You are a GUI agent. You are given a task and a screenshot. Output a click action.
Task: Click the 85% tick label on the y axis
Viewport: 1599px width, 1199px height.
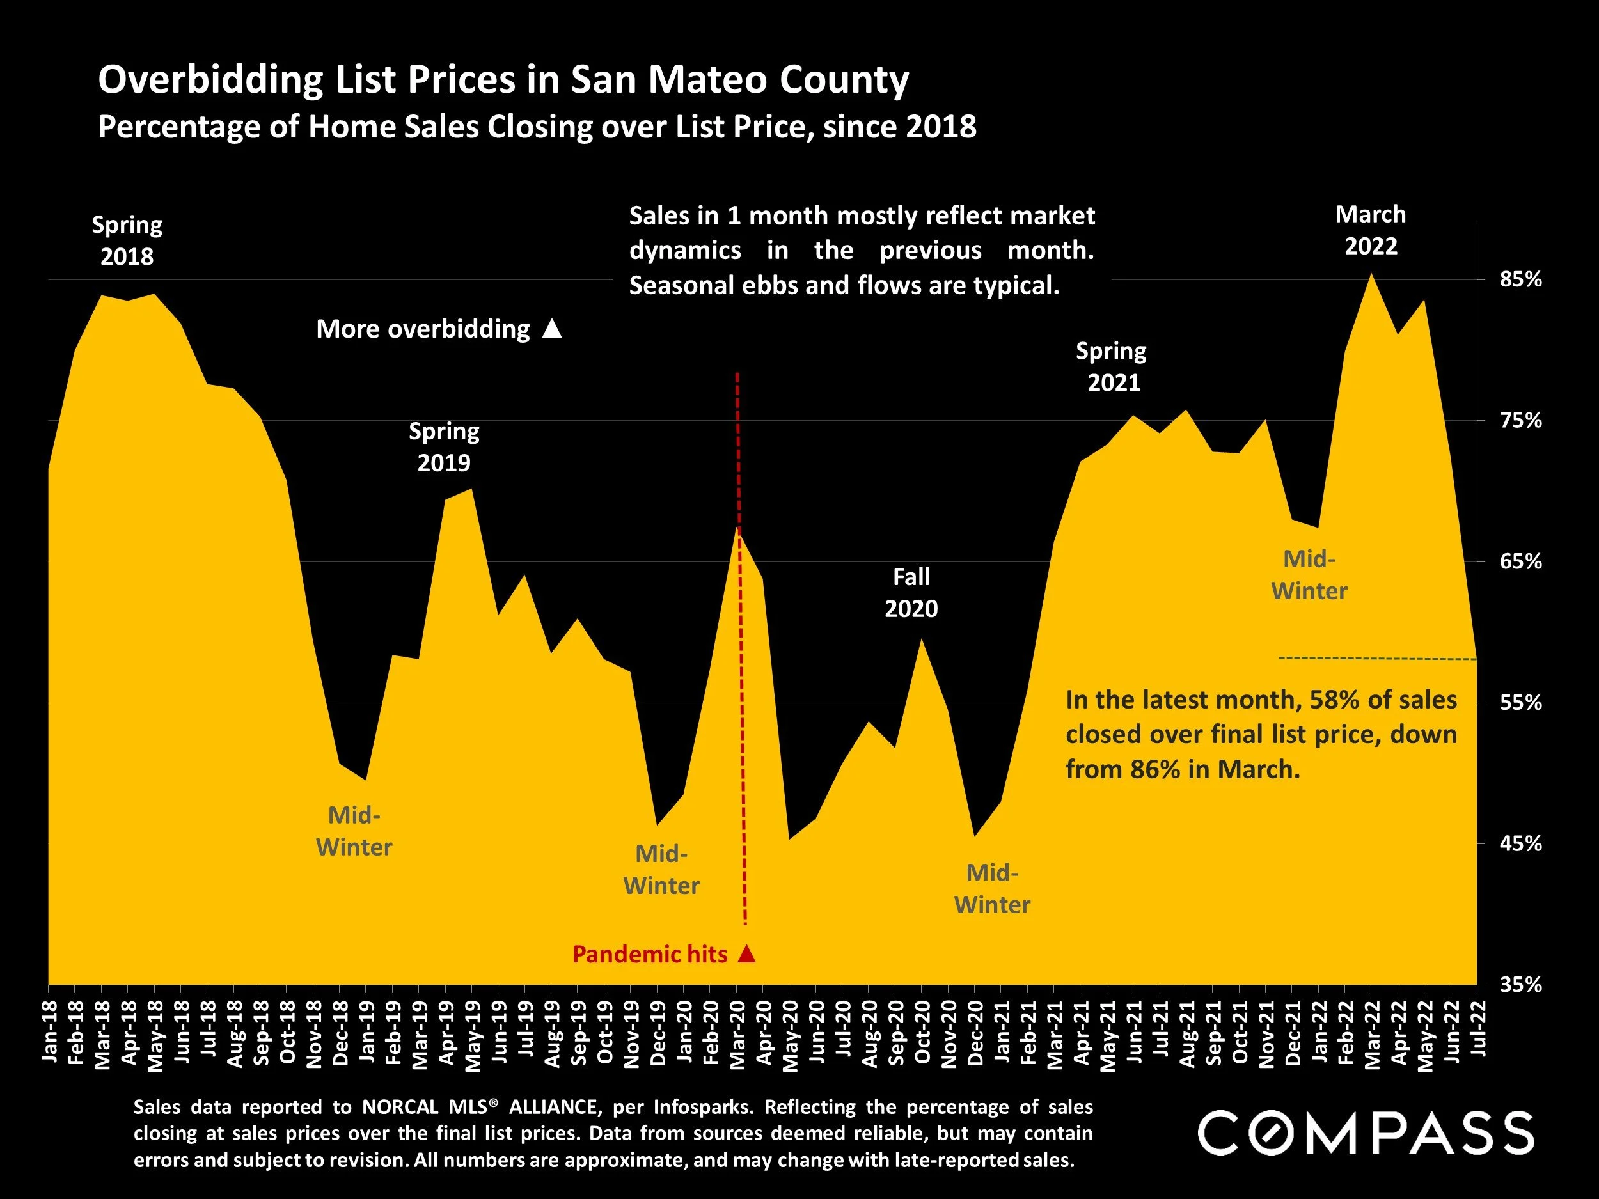[x=1521, y=279]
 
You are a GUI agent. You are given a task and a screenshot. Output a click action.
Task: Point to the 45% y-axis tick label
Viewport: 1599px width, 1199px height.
[x=1521, y=843]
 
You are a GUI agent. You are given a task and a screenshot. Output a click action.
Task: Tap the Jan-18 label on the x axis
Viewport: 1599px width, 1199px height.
[x=49, y=1032]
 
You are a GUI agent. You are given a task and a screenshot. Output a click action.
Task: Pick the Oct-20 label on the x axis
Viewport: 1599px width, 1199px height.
[x=922, y=1032]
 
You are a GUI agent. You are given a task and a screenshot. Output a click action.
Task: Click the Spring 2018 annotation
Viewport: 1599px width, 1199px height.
[x=127, y=240]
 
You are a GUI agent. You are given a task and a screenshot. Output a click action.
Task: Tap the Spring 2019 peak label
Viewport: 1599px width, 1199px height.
[x=444, y=446]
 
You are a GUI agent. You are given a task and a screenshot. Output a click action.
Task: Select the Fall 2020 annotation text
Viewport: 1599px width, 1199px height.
[x=911, y=593]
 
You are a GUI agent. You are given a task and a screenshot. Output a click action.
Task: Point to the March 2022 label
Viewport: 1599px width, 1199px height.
[x=1371, y=230]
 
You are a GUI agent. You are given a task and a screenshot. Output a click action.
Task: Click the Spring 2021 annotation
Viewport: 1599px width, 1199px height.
[x=1112, y=366]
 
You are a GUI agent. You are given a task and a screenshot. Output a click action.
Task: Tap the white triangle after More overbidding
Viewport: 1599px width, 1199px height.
[x=552, y=329]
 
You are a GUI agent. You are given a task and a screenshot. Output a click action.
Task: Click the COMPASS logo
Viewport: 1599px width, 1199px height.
[x=1366, y=1133]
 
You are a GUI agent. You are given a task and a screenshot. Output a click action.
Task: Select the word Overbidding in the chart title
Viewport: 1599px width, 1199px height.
[x=210, y=79]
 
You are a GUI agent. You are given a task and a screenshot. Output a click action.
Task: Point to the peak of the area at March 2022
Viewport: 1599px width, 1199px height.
[x=1371, y=276]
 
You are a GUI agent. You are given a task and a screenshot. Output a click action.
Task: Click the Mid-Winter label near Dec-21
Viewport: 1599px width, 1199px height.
[x=1309, y=576]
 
